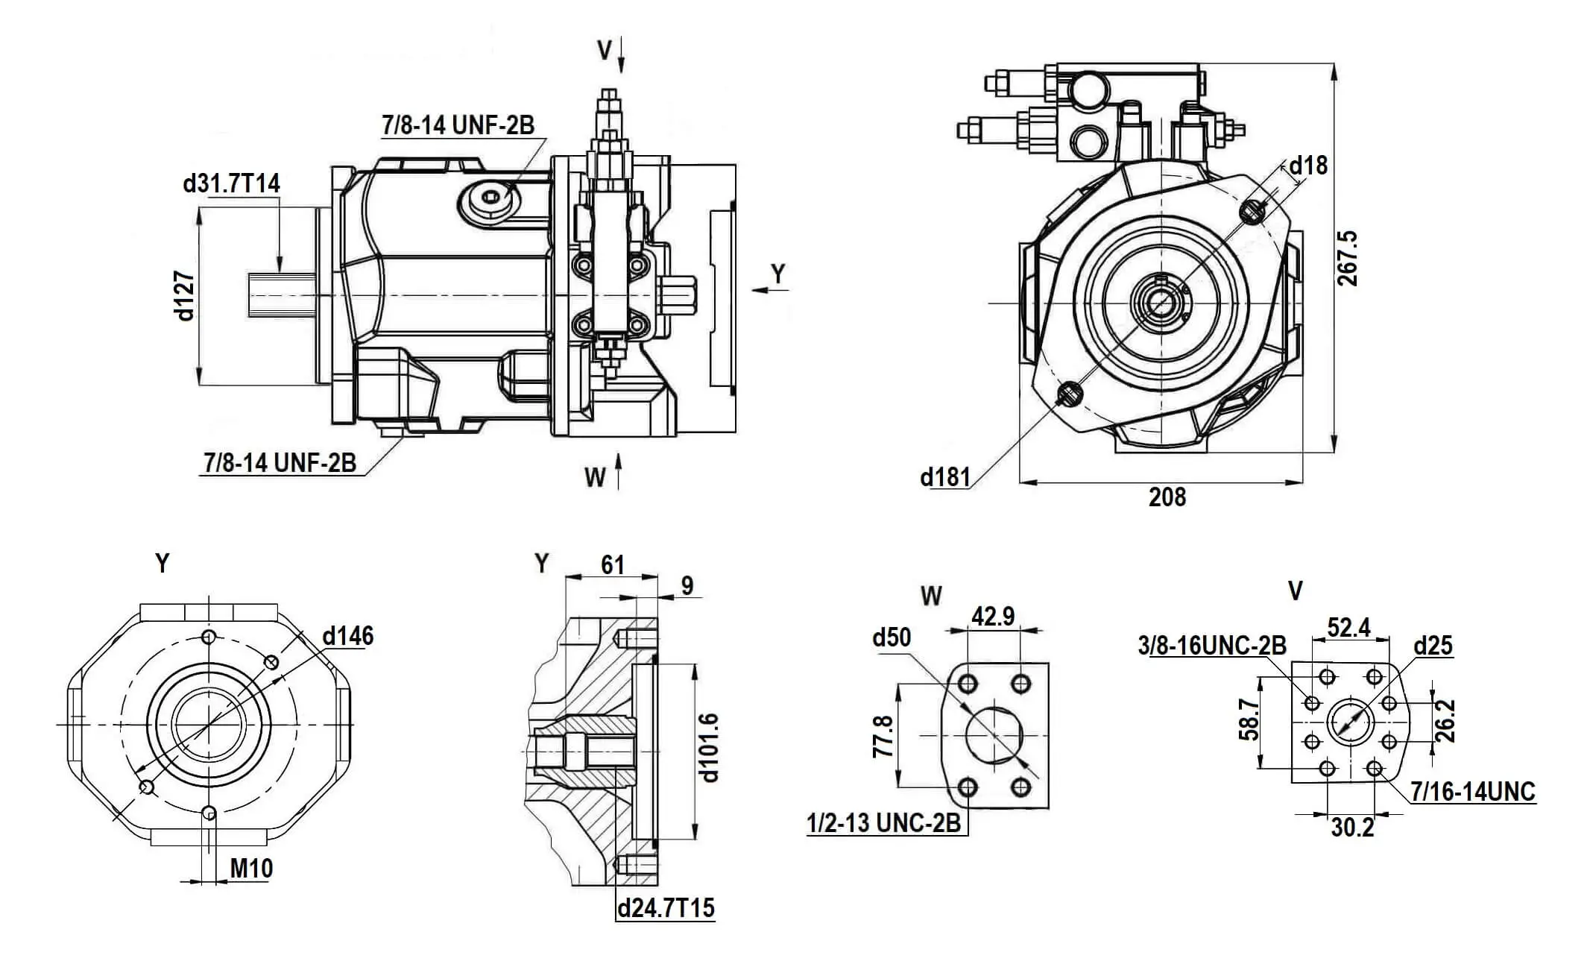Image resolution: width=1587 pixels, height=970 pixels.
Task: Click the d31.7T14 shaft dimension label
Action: coord(231,183)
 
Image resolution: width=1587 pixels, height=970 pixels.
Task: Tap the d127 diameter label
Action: coord(184,296)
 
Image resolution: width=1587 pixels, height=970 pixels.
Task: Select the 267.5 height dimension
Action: coord(1347,258)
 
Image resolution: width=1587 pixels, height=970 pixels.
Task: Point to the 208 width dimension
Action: coord(1167,497)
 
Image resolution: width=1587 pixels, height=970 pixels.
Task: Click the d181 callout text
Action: coord(945,476)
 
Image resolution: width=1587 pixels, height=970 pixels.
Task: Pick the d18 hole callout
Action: coord(1308,165)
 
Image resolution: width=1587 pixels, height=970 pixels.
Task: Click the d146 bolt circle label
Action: coord(348,636)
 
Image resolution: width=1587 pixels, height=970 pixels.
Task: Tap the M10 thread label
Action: coord(251,869)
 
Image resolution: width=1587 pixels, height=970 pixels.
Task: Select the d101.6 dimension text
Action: coord(710,747)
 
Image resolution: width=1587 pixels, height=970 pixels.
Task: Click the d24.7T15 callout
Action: coord(666,908)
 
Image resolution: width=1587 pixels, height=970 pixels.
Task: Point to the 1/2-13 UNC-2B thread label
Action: coord(884,823)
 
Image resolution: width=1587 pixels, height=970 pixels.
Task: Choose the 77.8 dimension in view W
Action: coord(883,737)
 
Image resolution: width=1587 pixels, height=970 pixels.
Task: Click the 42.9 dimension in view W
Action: coord(993,617)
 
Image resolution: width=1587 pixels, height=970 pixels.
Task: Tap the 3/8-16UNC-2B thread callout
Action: coord(1212,645)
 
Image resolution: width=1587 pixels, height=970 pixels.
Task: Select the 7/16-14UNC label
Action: coord(1473,792)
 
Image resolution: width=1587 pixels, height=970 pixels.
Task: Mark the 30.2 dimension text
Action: coord(1352,828)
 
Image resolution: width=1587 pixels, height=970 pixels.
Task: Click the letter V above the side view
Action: coord(605,51)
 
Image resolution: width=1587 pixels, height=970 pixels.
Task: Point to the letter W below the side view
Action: coord(595,477)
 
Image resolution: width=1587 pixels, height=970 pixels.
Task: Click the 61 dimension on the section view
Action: coord(612,565)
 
